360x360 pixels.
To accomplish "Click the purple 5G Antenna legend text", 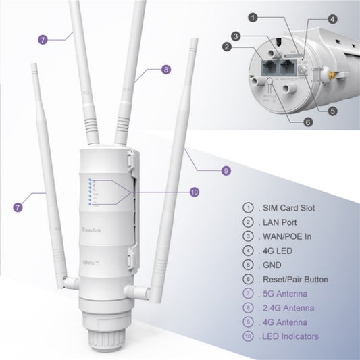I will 286,293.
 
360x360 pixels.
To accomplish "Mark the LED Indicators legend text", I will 292,336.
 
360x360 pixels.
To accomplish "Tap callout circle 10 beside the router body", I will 195,192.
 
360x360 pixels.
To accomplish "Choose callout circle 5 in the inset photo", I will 332,110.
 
